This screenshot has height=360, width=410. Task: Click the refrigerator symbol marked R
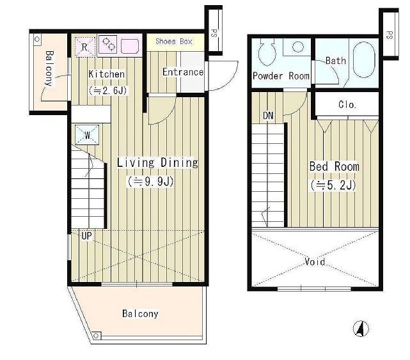(84, 47)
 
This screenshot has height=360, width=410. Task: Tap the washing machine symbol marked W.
(87, 135)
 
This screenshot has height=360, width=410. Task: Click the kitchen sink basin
(130, 45)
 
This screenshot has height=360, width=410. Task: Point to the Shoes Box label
(174, 42)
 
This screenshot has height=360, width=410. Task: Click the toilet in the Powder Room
(267, 52)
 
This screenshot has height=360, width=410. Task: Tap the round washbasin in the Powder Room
(297, 47)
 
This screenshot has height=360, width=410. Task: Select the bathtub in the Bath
(364, 60)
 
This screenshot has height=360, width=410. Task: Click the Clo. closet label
(347, 105)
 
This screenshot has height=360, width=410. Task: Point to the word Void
(315, 262)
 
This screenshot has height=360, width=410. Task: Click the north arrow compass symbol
(361, 329)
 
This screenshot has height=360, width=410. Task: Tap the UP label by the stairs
(86, 236)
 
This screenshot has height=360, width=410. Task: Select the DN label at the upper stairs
(268, 115)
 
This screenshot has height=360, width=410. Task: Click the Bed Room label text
(334, 166)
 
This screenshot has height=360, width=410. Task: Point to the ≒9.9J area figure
(150, 182)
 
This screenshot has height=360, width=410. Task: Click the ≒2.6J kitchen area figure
(107, 90)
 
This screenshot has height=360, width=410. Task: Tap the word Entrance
(183, 72)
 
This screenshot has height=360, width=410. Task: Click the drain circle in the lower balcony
(96, 336)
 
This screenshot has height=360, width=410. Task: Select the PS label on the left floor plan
(214, 33)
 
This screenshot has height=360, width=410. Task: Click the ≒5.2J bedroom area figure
(333, 185)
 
